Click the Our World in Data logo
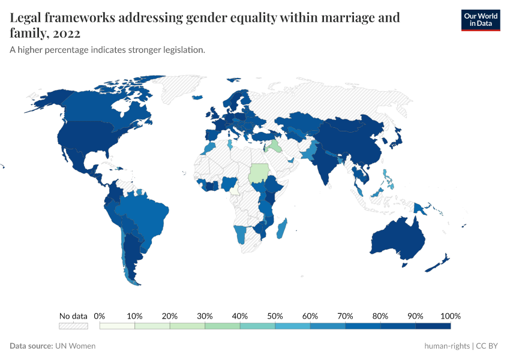click(x=480, y=20)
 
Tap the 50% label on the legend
click(x=275, y=316)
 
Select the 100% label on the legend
click(x=450, y=316)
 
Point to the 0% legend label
click(x=100, y=316)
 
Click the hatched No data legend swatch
click(x=73, y=326)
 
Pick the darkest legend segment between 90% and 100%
click(x=433, y=326)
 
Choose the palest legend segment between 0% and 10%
click(x=117, y=326)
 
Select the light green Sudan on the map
click(x=260, y=173)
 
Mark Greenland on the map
click(x=180, y=90)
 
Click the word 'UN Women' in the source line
click(x=75, y=346)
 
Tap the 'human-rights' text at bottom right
click(x=446, y=346)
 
